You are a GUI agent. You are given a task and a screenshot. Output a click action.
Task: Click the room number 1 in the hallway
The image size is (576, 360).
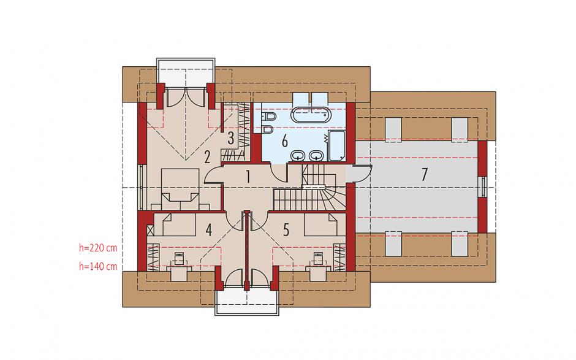coord(248,177)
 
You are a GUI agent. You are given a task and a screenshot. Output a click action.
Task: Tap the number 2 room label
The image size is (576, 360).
coord(207,158)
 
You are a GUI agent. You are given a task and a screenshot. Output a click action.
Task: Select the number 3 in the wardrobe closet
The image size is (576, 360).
coord(230,138)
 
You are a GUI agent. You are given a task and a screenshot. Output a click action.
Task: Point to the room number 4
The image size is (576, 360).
coord(209,230)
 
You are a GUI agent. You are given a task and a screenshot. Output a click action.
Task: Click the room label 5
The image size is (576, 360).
coord(286,230)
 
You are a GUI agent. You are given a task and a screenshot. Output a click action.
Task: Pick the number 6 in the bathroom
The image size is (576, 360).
coord(285,141)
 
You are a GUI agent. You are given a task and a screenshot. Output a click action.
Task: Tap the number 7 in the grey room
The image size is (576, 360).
coord(424,174)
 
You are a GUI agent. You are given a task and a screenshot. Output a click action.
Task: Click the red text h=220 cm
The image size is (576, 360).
coord(98,248)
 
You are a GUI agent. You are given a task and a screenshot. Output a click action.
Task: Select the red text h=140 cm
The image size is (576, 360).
coord(98,267)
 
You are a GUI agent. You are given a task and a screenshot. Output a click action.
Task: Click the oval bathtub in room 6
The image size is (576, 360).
coord(311,115)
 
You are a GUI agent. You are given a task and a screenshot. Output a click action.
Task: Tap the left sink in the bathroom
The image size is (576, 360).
coord(297,156)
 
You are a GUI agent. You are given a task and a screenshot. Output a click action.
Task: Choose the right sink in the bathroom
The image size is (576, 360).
coord(316,156)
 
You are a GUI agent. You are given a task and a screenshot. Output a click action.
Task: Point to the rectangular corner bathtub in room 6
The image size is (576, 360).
coord(337,145)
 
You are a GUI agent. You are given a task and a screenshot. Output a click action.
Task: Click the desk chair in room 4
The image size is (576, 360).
coord(179,259)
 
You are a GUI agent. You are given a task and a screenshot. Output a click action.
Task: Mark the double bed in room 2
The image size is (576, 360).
coord(180,185)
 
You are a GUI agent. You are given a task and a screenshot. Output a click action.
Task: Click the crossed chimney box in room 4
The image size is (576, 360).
coord(150,231)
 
